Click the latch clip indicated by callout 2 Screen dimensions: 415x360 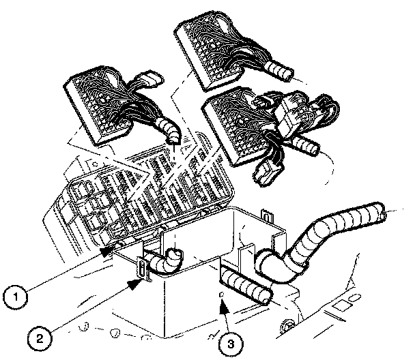[141, 269]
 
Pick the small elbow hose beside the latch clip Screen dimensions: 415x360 [168, 260]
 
